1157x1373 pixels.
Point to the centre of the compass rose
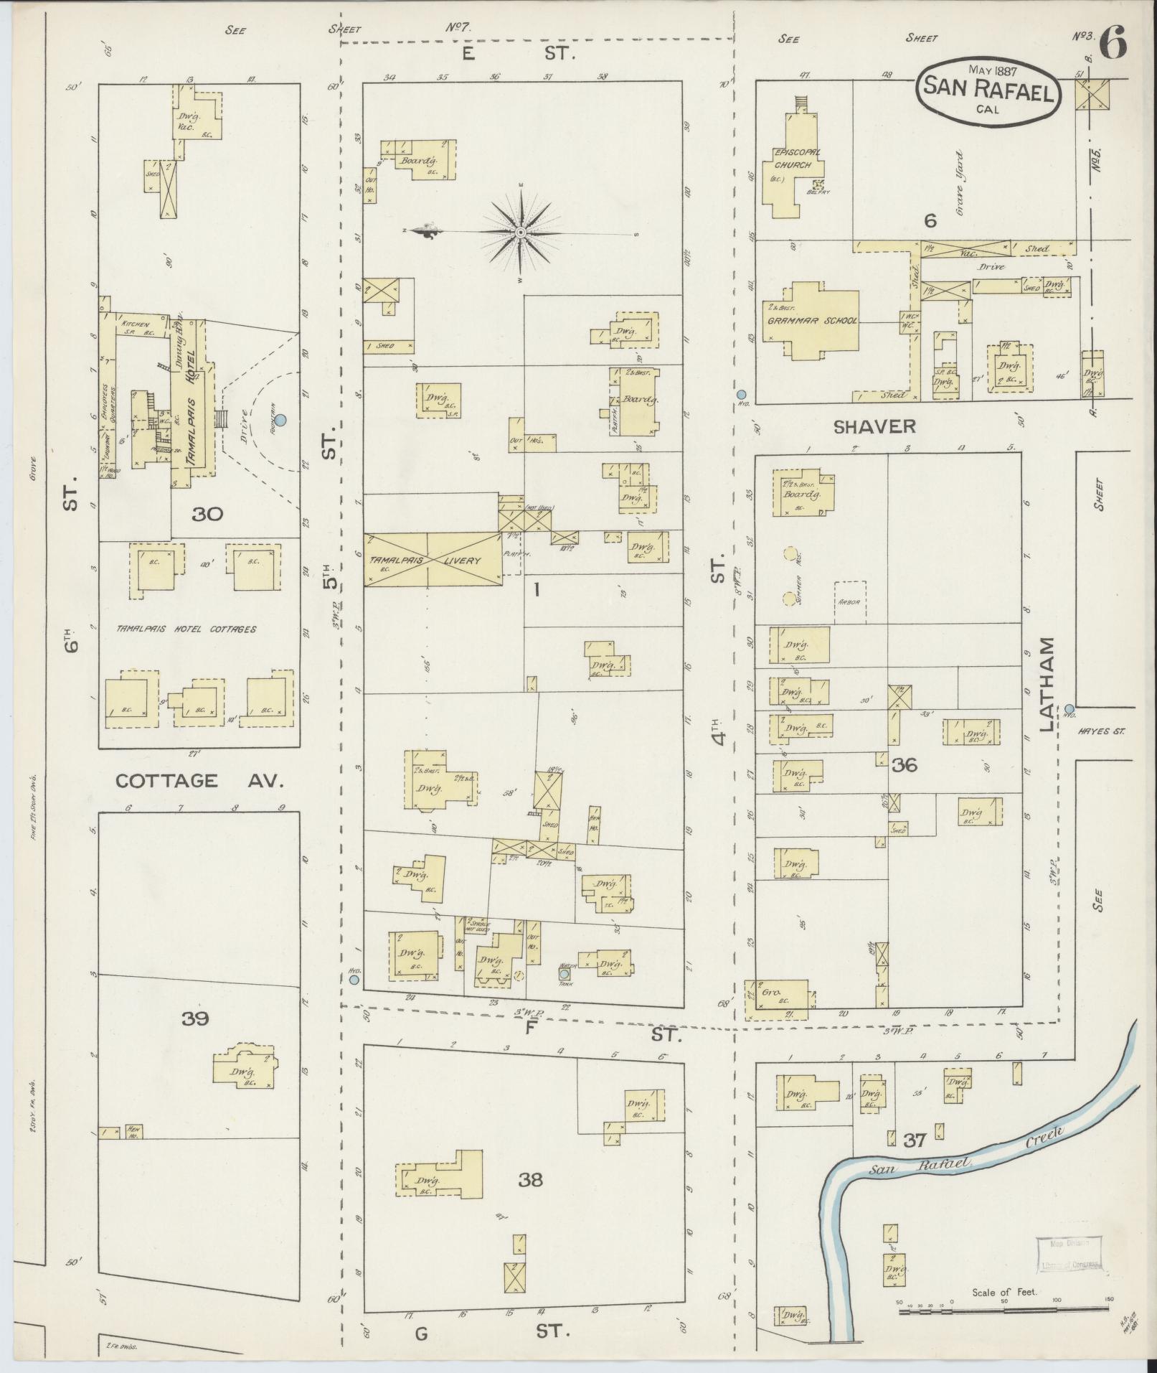click(x=521, y=233)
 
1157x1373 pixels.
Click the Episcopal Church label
click(x=791, y=158)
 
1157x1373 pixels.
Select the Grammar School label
click(x=812, y=321)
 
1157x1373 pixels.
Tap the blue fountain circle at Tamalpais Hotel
click(x=281, y=420)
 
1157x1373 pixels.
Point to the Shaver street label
click(x=874, y=426)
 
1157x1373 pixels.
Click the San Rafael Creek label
click(x=968, y=1157)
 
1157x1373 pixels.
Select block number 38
click(x=530, y=1180)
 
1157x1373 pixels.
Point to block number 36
click(x=905, y=765)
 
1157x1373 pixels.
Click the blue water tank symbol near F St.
click(x=565, y=974)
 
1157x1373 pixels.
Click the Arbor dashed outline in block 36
click(x=851, y=601)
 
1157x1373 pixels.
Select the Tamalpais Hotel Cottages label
click(x=186, y=629)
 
